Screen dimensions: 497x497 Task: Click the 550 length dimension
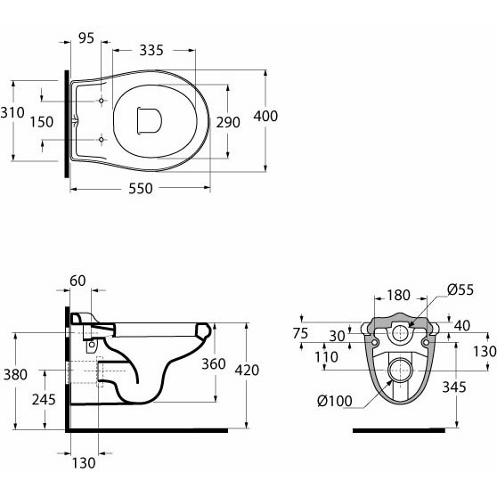click(141, 189)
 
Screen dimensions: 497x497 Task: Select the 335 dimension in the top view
click(151, 50)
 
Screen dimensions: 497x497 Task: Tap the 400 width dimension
click(265, 116)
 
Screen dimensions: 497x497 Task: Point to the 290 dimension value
click(228, 122)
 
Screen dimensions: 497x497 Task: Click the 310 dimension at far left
click(12, 112)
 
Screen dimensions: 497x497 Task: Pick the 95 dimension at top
click(86, 38)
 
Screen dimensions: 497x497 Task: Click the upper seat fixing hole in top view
click(102, 101)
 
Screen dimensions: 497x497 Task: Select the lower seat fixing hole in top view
click(102, 140)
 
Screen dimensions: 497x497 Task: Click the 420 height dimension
click(247, 370)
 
